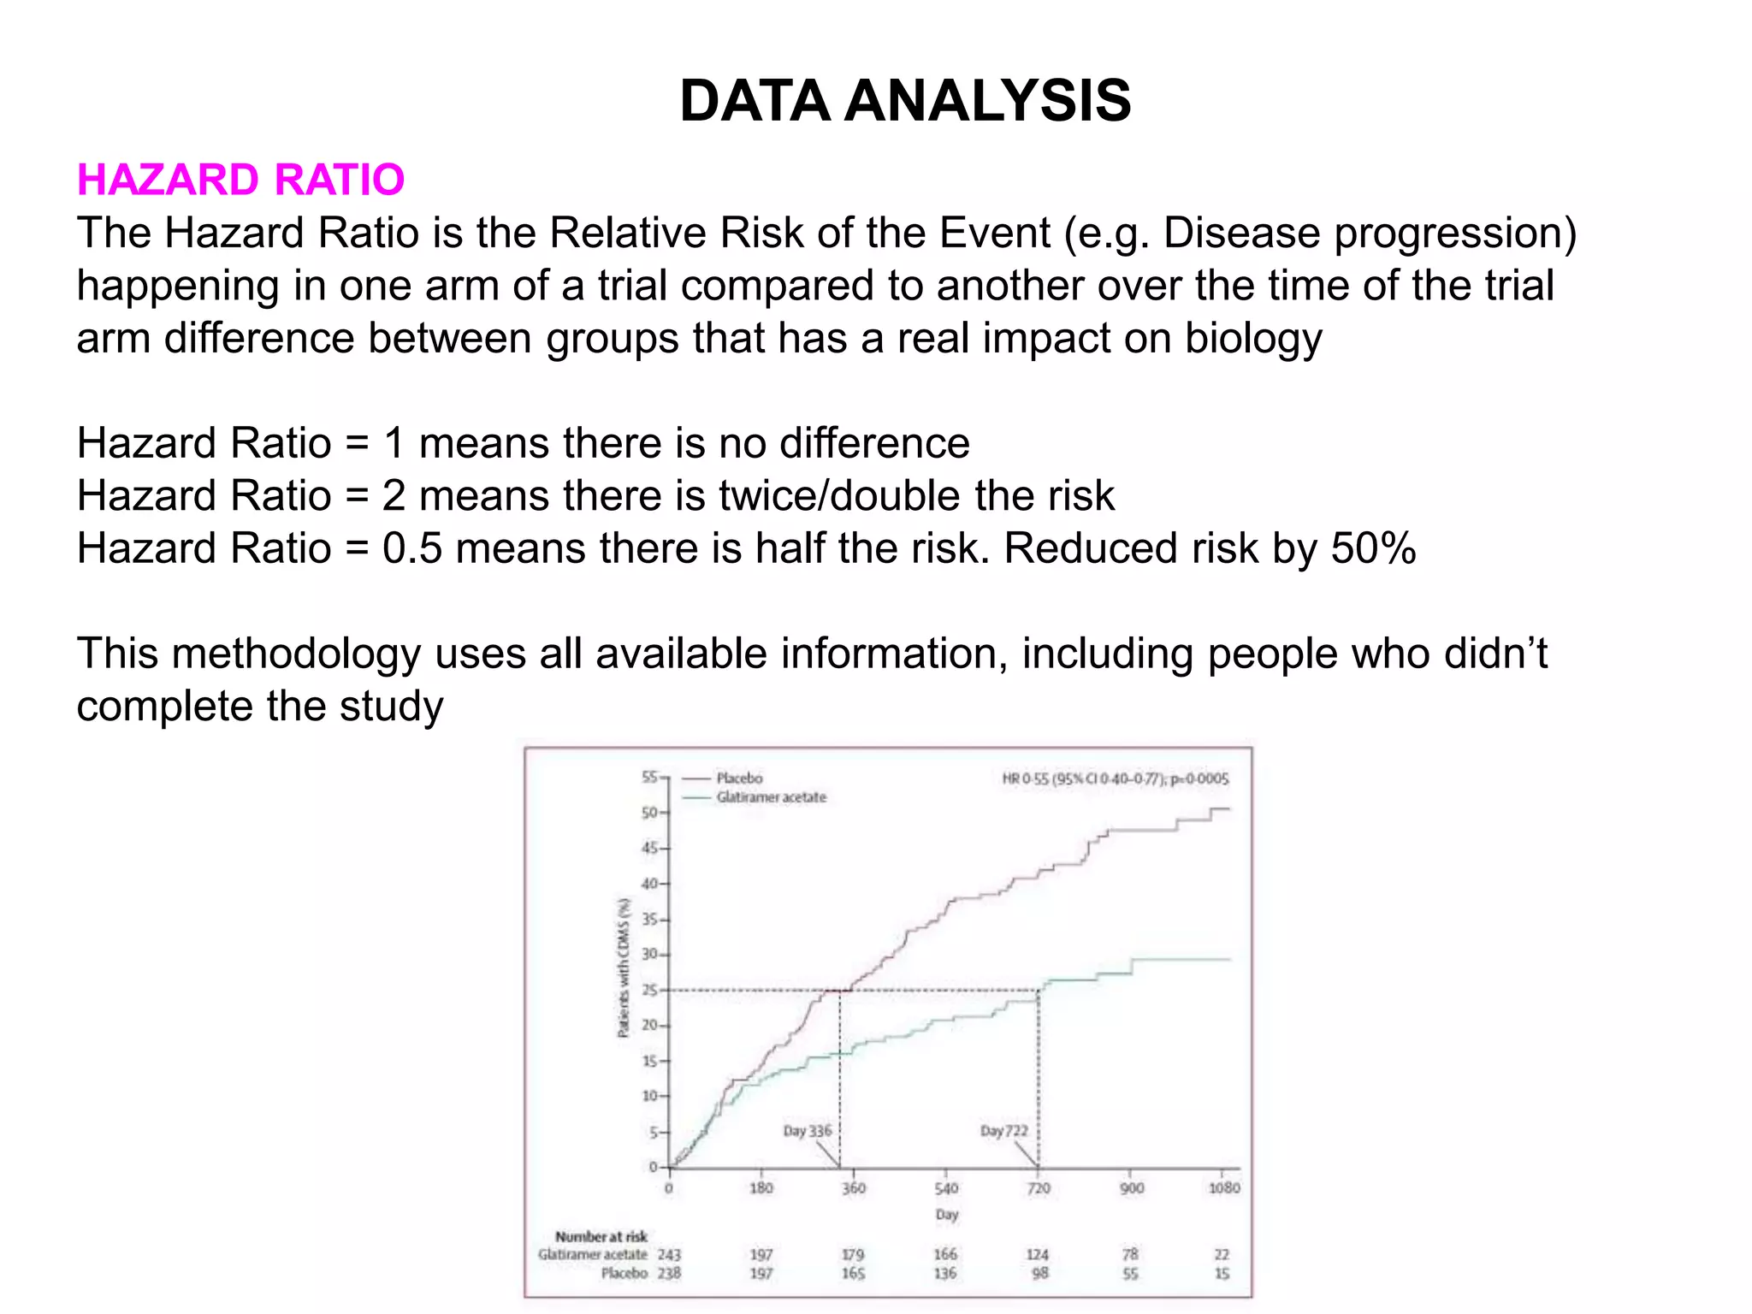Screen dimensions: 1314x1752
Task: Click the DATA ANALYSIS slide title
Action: tap(905, 101)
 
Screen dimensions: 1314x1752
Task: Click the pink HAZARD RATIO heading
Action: tap(240, 180)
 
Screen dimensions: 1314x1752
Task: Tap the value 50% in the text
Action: tap(1373, 548)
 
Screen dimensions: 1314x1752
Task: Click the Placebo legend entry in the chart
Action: tap(739, 778)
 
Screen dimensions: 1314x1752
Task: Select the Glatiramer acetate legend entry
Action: tap(771, 797)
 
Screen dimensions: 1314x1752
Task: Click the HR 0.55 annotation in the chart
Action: tap(1115, 778)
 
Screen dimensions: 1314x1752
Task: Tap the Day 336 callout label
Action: tap(807, 1131)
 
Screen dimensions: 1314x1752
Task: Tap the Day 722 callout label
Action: tap(1003, 1131)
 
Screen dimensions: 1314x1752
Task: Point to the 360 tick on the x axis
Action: tap(853, 1188)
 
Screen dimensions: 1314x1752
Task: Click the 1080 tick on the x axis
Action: tap(1223, 1188)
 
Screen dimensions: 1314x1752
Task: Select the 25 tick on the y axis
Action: tap(650, 991)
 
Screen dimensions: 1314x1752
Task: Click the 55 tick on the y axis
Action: tap(650, 777)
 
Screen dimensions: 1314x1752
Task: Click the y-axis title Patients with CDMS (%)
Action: tap(624, 968)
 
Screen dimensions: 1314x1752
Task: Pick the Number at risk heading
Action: tap(601, 1236)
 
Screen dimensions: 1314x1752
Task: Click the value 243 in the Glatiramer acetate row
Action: tap(669, 1255)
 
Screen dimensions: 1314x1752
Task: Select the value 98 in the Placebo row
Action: tap(1039, 1274)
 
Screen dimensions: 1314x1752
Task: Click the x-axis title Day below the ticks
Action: tap(946, 1215)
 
